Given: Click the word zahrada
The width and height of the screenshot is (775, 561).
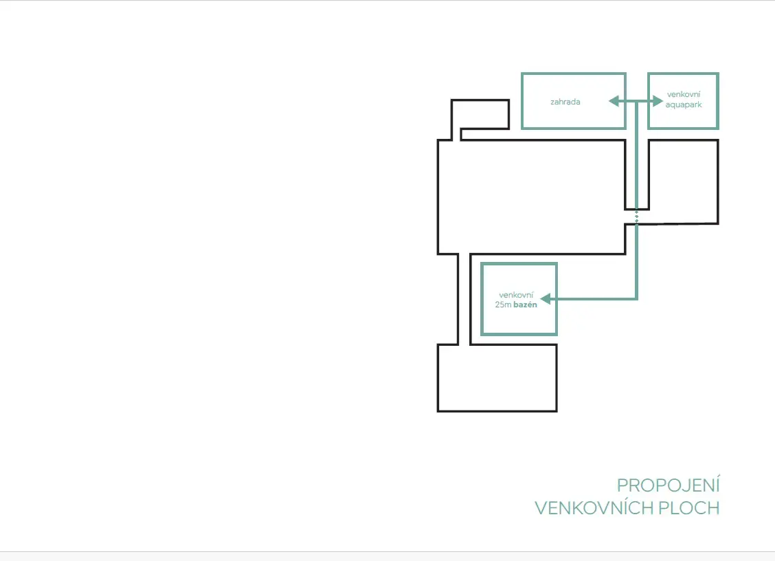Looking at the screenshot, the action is pos(565,102).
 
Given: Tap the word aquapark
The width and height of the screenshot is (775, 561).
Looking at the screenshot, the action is pos(684,105).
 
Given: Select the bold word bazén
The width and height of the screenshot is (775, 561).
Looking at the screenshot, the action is pos(526,305).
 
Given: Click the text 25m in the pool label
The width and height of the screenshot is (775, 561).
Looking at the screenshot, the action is pos(503,305).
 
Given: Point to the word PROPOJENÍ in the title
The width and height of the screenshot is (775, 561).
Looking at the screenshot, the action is pos(669,485).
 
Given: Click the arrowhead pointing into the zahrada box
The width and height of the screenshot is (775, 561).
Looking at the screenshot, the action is pos(614,101).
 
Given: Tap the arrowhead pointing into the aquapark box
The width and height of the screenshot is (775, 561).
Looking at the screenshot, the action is pos(658,101).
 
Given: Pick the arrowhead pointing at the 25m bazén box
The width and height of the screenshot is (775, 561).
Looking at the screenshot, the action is pos(546,299).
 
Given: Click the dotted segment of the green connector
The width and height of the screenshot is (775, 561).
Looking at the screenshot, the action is pos(637,217).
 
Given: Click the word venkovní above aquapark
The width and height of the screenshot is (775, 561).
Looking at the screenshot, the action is pos(684,94).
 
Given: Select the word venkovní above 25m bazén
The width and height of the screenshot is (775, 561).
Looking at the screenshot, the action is pos(516,295).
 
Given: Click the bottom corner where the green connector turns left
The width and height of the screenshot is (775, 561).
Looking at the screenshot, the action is pos(637,299).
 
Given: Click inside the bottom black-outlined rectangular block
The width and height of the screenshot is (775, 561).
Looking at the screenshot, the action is pos(497,378).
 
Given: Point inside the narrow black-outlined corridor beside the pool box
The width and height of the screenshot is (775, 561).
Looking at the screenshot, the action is pos(464,299).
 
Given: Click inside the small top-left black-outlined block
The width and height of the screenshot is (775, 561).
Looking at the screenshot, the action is pos(480,114).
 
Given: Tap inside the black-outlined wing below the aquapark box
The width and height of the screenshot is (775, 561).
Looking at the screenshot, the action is pos(684,181).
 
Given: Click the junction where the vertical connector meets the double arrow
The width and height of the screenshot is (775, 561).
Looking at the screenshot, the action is pos(637,101).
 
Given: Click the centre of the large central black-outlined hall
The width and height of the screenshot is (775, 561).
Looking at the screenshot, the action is pos(531,197).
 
